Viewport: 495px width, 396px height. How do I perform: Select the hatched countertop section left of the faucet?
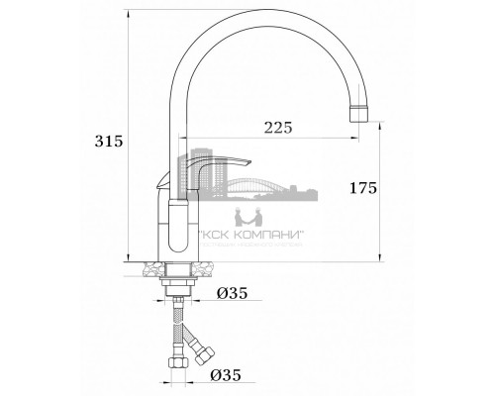pos(149,266)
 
